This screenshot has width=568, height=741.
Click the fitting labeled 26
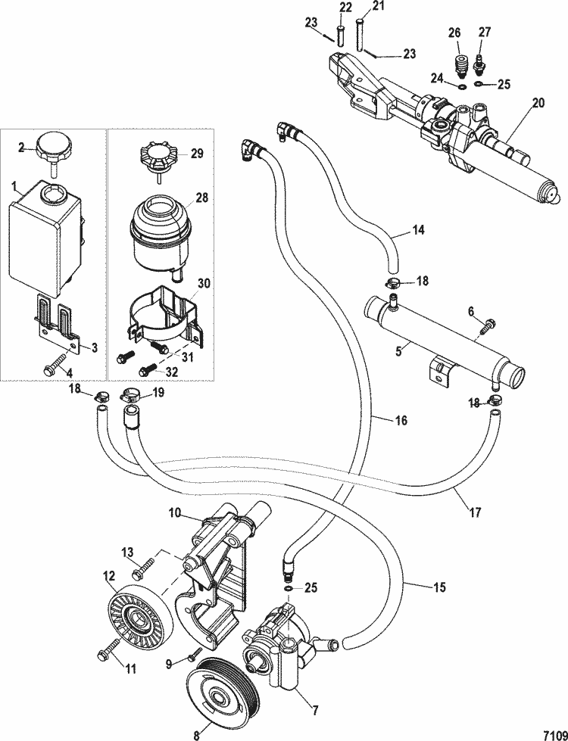click(x=459, y=61)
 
